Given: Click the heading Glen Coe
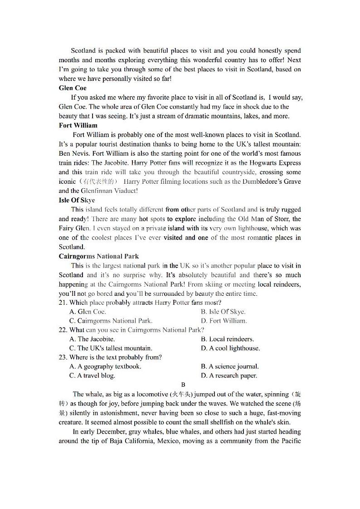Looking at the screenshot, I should (73, 88).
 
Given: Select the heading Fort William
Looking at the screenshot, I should (78, 125).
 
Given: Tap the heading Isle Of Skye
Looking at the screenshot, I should (77, 200).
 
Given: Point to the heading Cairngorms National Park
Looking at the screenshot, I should (99, 256).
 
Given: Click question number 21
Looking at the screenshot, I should (63, 303).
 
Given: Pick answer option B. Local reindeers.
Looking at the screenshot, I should (227, 339).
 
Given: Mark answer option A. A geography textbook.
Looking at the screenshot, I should (105, 366).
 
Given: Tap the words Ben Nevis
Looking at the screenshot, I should (73, 153).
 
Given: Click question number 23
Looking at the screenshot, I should (63, 357).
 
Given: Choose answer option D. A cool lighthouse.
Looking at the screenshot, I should (230, 348).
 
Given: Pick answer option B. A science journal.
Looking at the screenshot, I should (230, 366).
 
